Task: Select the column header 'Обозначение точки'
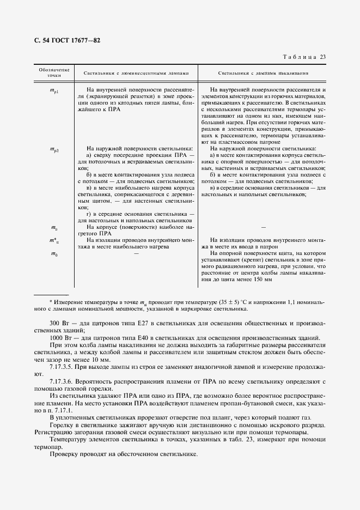[x=54, y=72]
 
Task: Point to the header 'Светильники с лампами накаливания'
[x=264, y=72]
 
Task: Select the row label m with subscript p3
[x=54, y=148]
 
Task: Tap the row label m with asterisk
[x=54, y=240]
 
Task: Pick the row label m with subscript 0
[x=54, y=253]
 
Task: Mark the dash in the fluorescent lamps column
[x=136, y=253]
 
